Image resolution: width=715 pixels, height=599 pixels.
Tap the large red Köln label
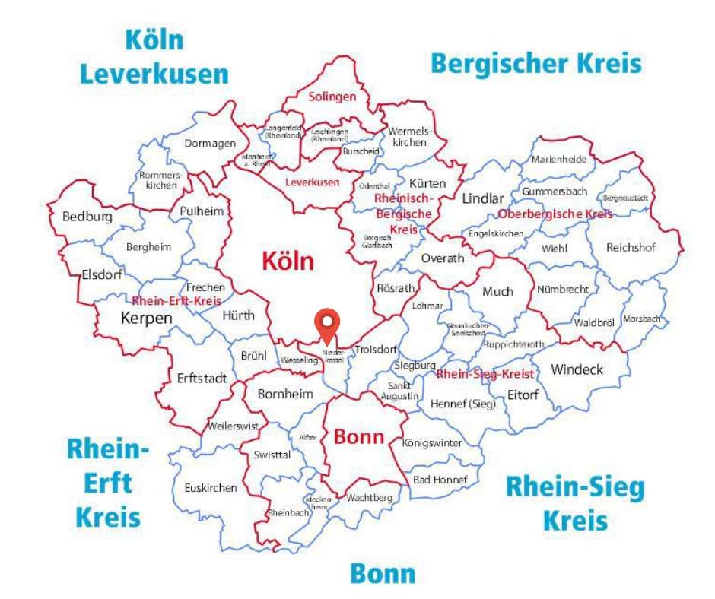pyautogui.click(x=288, y=261)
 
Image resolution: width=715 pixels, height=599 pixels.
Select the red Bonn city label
pyautogui.click(x=359, y=438)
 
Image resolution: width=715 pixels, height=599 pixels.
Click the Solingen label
pyautogui.click(x=332, y=97)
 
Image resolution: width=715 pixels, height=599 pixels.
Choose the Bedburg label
pyautogui.click(x=87, y=217)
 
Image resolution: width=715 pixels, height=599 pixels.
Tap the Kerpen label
pyautogui.click(x=147, y=319)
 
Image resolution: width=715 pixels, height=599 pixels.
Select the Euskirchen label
pyautogui.click(x=210, y=488)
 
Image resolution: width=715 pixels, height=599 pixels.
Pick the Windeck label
pyautogui.click(x=577, y=369)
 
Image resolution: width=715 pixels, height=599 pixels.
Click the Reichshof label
pyautogui.click(x=631, y=247)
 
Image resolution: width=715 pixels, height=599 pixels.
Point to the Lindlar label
pyautogui.click(x=483, y=198)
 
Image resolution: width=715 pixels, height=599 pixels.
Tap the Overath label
pyautogui.click(x=442, y=258)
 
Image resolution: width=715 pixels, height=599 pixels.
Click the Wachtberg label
pyautogui.click(x=369, y=498)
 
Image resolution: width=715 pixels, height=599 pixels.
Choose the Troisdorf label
pyautogui.click(x=376, y=350)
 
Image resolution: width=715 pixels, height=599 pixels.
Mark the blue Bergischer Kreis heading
pyautogui.click(x=536, y=63)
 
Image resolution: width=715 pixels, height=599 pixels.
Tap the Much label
pyautogui.click(x=498, y=291)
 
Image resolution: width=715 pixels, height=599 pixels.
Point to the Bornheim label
pyautogui.click(x=285, y=394)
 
